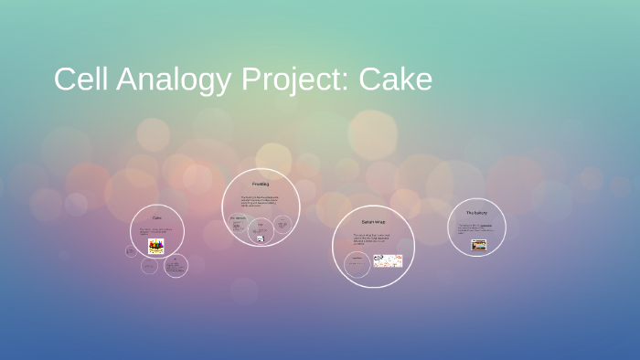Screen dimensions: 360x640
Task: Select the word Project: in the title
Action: coord(294,80)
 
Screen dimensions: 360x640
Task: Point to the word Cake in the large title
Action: coord(396,80)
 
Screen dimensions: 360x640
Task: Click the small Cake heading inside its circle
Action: coord(156,218)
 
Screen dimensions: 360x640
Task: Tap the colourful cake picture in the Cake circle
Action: coord(156,246)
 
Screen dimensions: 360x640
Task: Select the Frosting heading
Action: coord(261,185)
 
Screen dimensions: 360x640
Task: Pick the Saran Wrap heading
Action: coord(373,222)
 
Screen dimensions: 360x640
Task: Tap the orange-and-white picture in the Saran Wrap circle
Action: coord(388,260)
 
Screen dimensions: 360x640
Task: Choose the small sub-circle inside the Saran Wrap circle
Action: coord(357,264)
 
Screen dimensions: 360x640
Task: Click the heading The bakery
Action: coord(476,212)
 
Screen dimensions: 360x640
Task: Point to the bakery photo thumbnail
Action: coord(478,245)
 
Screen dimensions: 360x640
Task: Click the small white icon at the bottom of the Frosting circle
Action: coord(260,238)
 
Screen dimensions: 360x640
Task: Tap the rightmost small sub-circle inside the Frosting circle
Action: coord(283,223)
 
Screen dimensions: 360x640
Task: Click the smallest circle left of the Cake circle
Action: coord(132,250)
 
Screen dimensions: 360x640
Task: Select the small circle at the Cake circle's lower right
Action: coord(176,266)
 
